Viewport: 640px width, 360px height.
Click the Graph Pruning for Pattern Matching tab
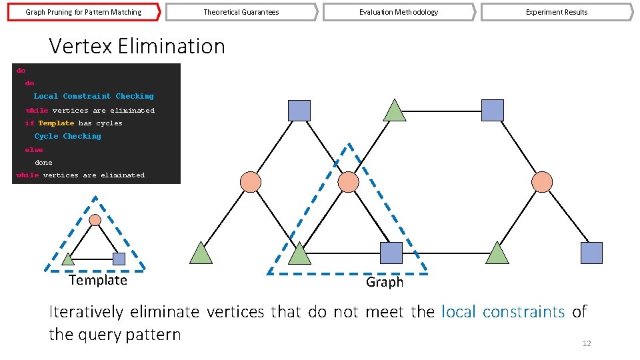[x=83, y=12]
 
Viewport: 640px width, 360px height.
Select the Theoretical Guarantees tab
[x=241, y=12]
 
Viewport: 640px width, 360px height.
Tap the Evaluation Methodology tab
[x=399, y=12]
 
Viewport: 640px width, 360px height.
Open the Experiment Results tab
[x=557, y=12]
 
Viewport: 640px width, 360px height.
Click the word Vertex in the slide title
[x=81, y=46]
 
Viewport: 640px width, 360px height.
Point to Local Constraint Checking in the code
[x=93, y=96]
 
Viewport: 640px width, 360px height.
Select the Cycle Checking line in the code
[x=67, y=136]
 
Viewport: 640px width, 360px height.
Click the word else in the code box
[x=33, y=150]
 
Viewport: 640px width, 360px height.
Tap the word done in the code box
[x=43, y=162]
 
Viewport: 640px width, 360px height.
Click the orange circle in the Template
[x=95, y=220]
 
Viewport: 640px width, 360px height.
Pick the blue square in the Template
[x=119, y=259]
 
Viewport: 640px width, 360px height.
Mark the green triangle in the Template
[x=69, y=259]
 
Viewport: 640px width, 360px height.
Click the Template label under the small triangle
[x=98, y=280]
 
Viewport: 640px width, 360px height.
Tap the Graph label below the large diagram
[x=385, y=282]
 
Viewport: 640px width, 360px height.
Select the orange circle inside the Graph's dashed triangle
[x=348, y=181]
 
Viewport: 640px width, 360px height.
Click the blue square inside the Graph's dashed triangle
[x=391, y=253]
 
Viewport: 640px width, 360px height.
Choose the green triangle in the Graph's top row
[x=395, y=111]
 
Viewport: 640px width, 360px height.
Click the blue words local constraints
[x=503, y=311]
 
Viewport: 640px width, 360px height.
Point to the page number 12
[x=587, y=343]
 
